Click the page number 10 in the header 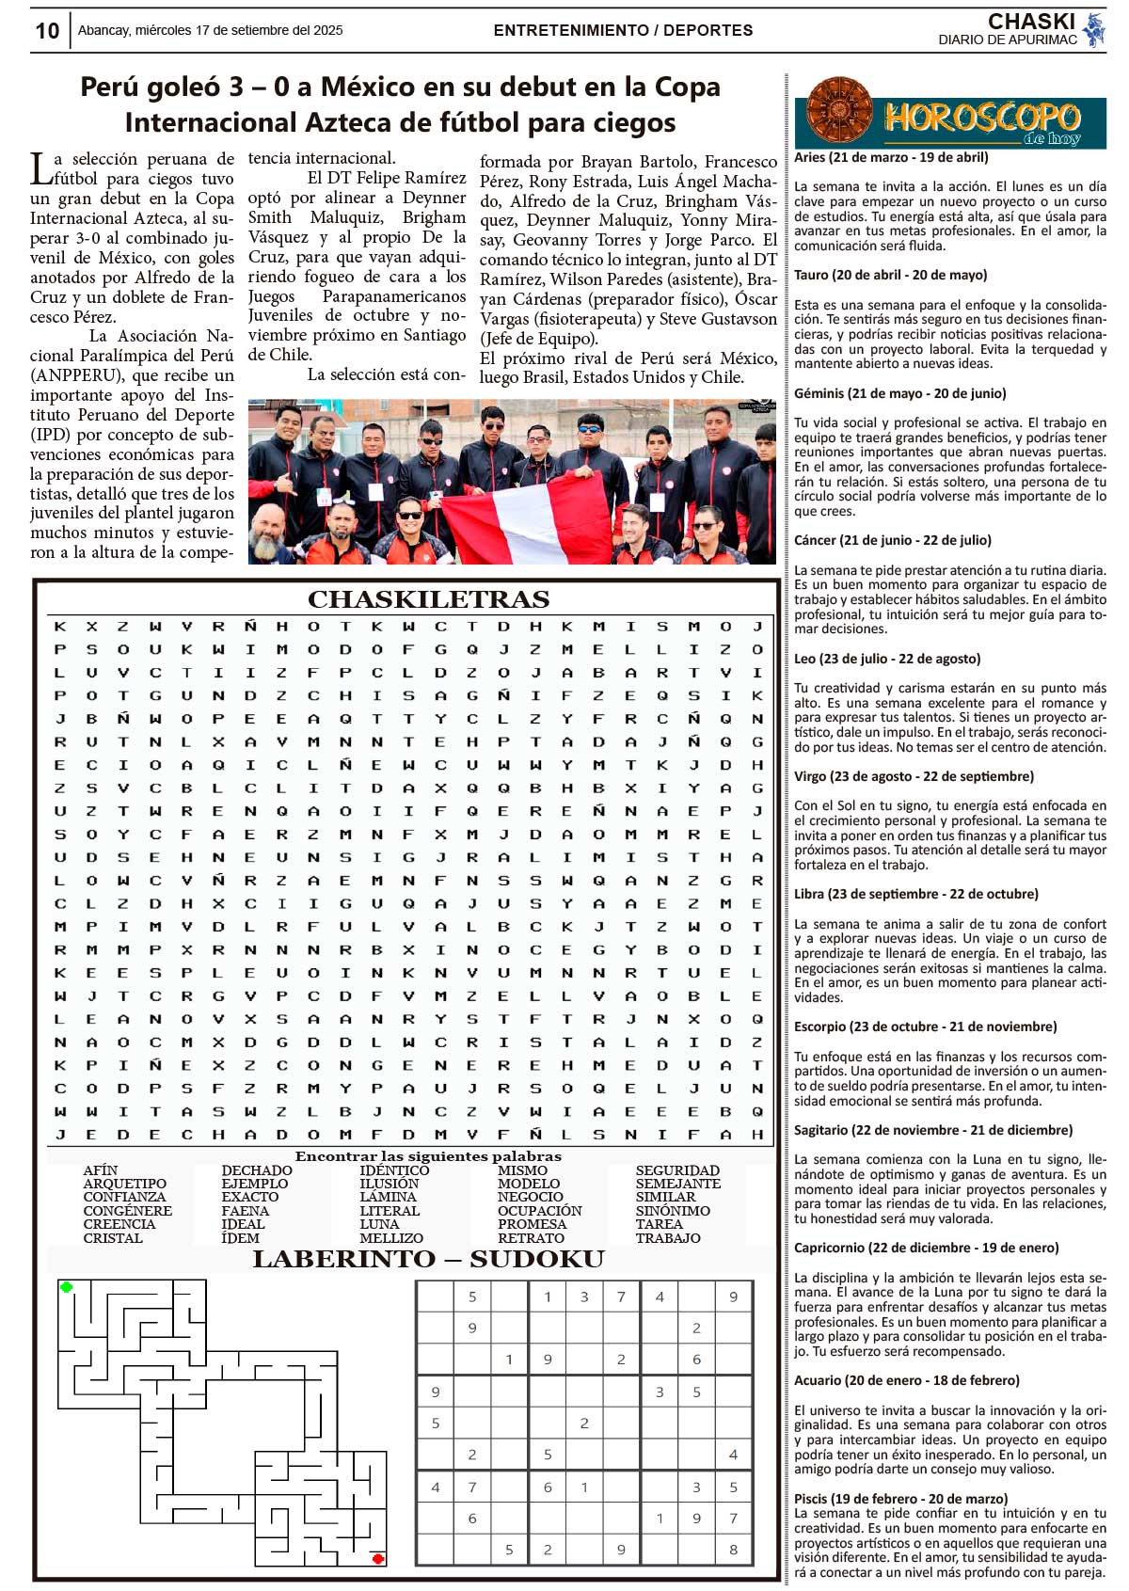click(47, 31)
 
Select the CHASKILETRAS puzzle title click(428, 599)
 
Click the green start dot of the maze click(66, 1287)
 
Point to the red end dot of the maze click(378, 1559)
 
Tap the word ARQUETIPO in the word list click(124, 1184)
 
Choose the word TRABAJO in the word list click(668, 1238)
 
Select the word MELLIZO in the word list click(391, 1238)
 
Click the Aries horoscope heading click(891, 157)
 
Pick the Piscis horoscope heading click(900, 1499)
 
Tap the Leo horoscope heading click(887, 659)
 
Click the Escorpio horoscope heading click(925, 1026)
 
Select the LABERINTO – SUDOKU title click(428, 1259)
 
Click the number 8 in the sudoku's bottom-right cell click(733, 1550)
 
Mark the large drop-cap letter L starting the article click(40, 169)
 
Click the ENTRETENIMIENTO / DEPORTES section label click(623, 30)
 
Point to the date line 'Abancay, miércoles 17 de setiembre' click(210, 30)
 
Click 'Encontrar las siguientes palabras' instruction click(428, 1156)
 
